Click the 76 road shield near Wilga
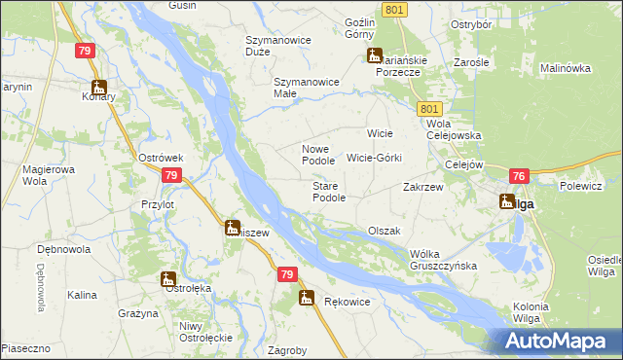point(518,176)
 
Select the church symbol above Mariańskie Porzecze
point(375,55)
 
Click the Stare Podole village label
point(328,192)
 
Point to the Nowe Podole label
point(318,155)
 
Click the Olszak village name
point(385,231)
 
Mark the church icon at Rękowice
point(307,298)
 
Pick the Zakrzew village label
point(423,187)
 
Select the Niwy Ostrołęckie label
point(204,332)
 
